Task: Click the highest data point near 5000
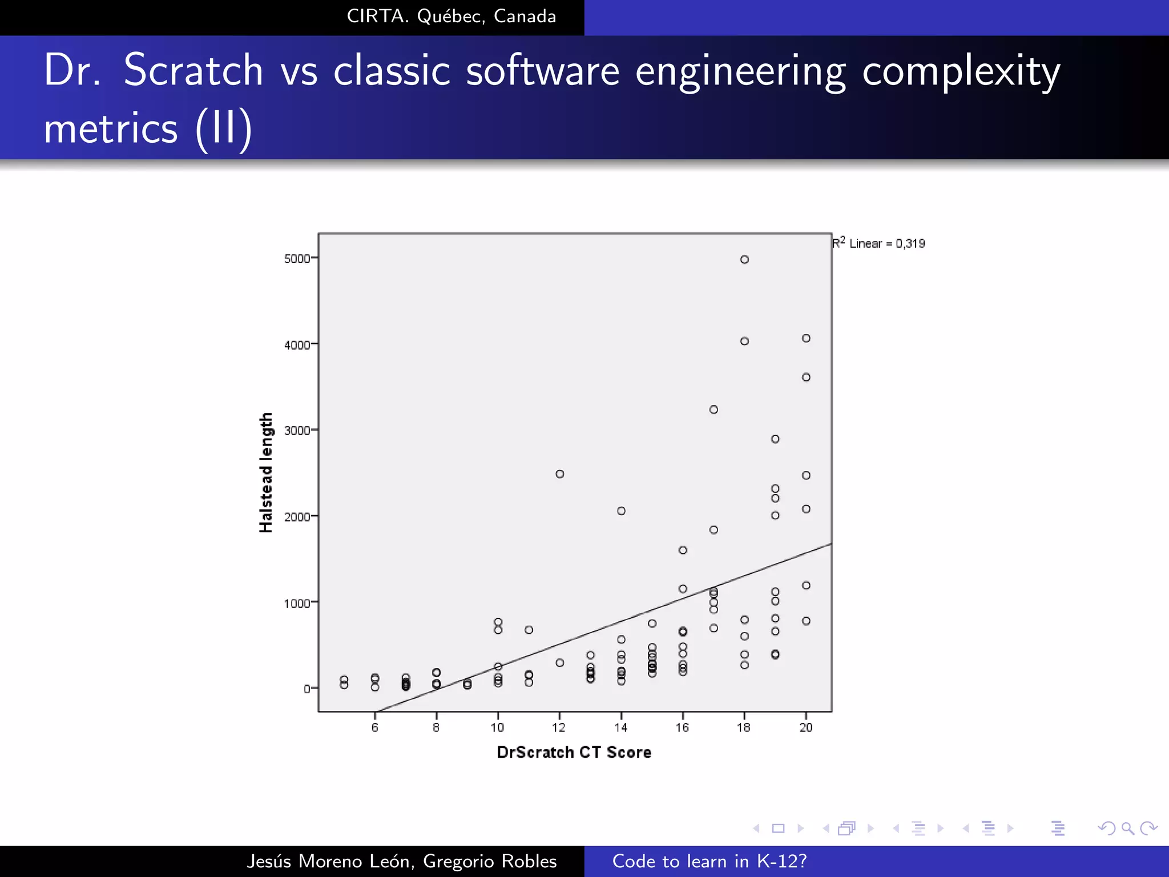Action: pyautogui.click(x=744, y=260)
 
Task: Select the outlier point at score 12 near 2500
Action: pyautogui.click(x=560, y=474)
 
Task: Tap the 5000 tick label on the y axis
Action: pyautogui.click(x=297, y=259)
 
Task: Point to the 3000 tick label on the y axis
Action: pyautogui.click(x=297, y=431)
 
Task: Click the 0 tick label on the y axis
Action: pyautogui.click(x=307, y=689)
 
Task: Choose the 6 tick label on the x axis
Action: pyautogui.click(x=375, y=727)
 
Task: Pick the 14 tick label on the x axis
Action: pyautogui.click(x=621, y=727)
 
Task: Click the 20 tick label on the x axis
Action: pyautogui.click(x=806, y=727)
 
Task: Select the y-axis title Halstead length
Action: pyautogui.click(x=266, y=473)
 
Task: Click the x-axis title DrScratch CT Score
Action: pyautogui.click(x=574, y=753)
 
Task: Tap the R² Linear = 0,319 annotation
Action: pyautogui.click(x=879, y=243)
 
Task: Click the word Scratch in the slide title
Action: pyautogui.click(x=193, y=70)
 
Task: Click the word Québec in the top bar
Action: pyautogui.click(x=451, y=17)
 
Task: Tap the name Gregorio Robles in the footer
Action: pyautogui.click(x=490, y=861)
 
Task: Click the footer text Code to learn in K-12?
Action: pyautogui.click(x=710, y=861)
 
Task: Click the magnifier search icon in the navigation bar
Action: pyautogui.click(x=1127, y=828)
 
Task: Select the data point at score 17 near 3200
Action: pyautogui.click(x=714, y=409)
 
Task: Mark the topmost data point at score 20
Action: pyautogui.click(x=806, y=339)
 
